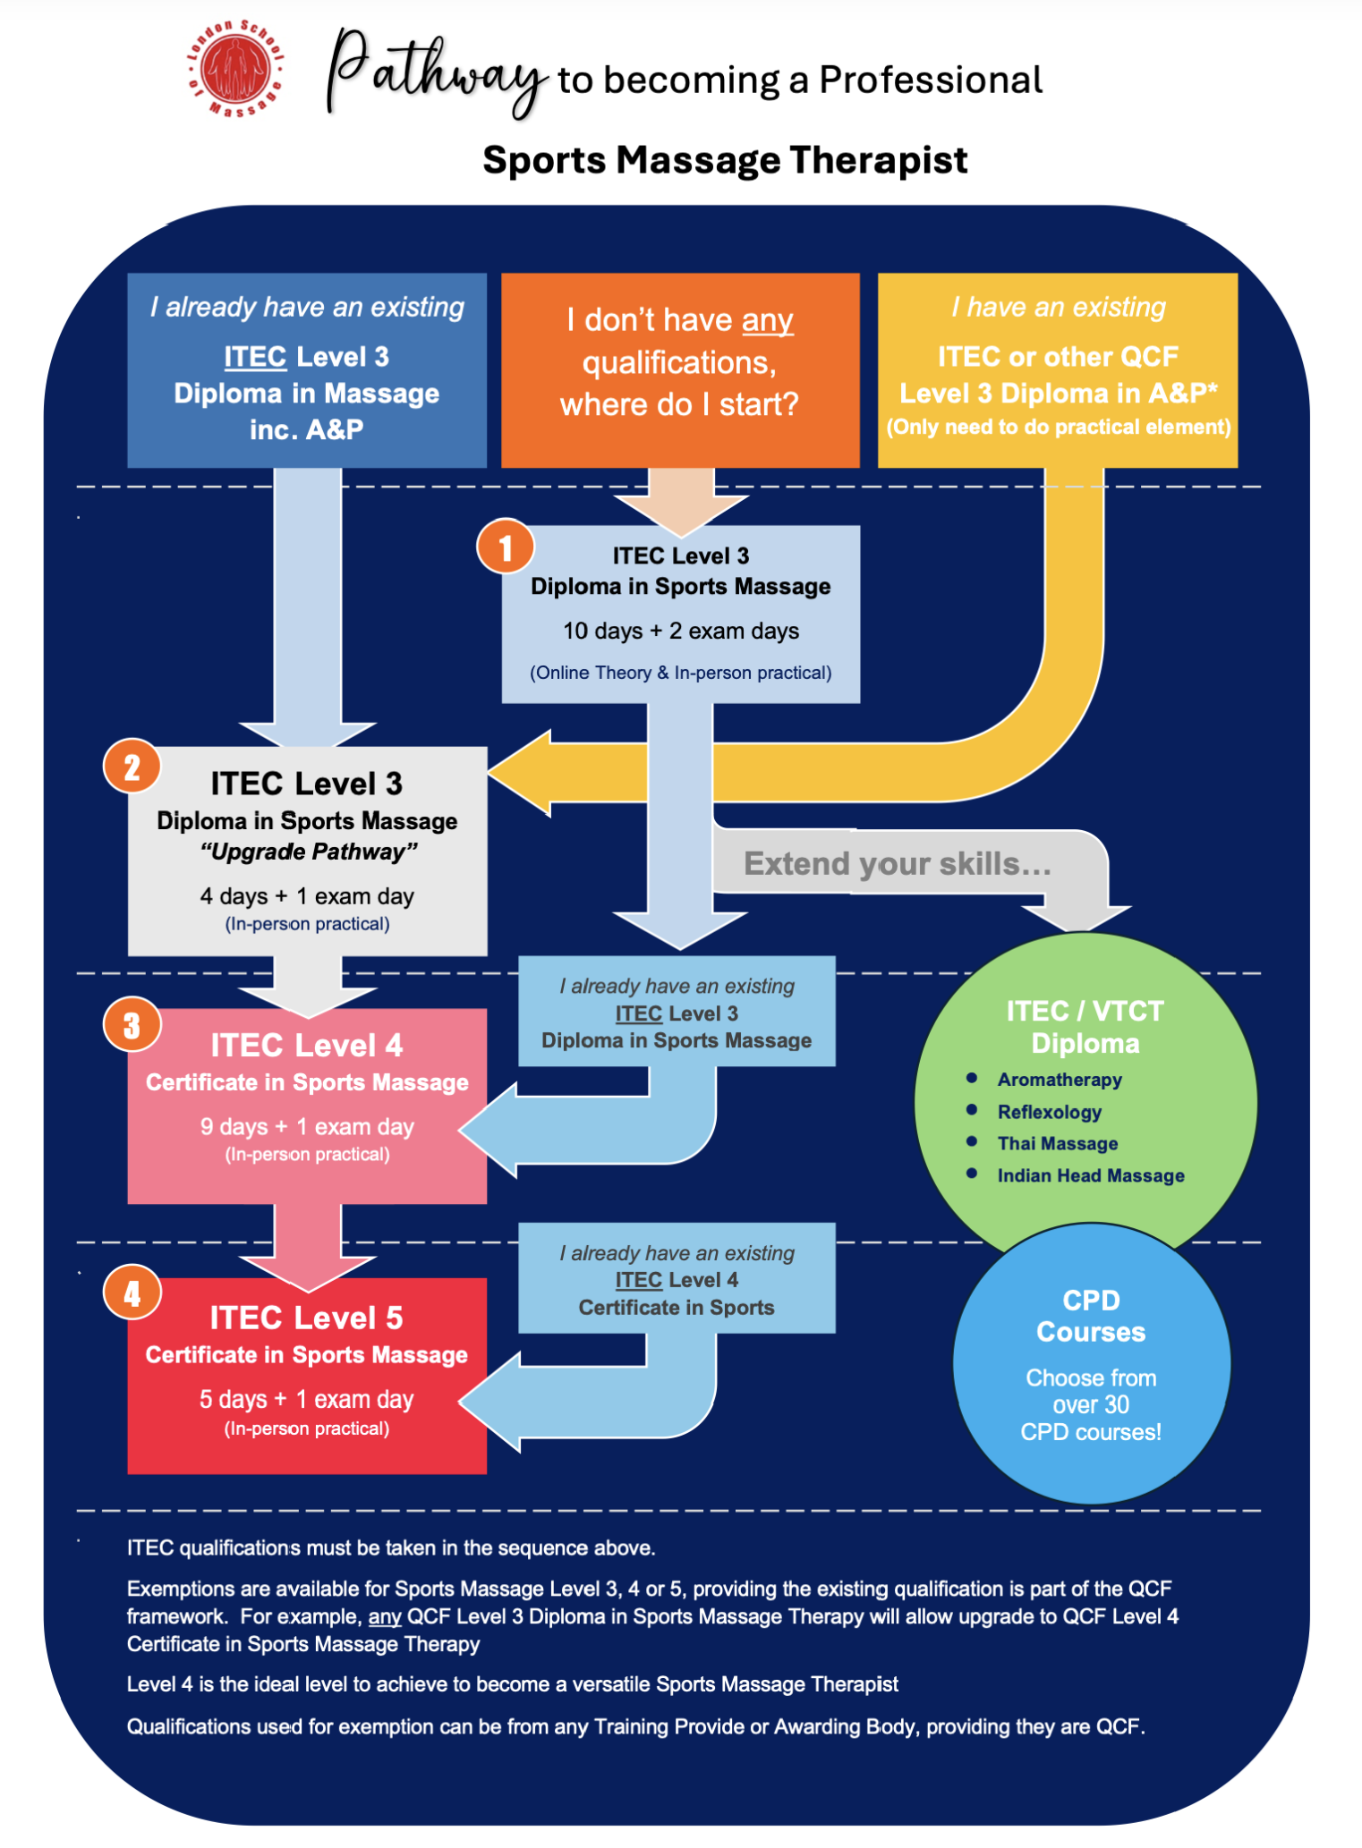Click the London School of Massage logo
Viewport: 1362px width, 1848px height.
(236, 69)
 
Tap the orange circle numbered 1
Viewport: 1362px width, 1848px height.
(506, 547)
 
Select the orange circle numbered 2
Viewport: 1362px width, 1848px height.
(132, 767)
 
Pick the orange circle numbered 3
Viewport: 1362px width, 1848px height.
(132, 1024)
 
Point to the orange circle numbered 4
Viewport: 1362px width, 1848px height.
(132, 1293)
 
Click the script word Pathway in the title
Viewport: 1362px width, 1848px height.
(437, 72)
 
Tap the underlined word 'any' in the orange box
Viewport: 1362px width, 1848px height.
(767, 320)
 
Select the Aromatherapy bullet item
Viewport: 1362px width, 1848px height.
(1060, 1080)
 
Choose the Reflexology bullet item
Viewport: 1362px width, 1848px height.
(1050, 1112)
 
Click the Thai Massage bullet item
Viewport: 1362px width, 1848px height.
(1058, 1143)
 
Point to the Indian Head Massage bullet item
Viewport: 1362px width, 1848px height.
(1091, 1175)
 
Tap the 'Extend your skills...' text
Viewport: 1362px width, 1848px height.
(898, 863)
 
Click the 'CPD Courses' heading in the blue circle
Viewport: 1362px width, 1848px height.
(1091, 1316)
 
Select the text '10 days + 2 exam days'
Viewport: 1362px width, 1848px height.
(681, 631)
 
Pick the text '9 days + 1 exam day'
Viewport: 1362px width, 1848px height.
(307, 1126)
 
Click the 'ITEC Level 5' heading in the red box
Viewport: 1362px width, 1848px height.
(307, 1318)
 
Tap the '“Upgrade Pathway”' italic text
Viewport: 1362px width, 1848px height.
(309, 851)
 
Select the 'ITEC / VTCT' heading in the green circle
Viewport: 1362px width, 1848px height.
(1085, 1011)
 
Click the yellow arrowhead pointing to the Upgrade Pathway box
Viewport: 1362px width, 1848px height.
(519, 773)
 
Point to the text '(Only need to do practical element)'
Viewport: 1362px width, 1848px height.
(1059, 427)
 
